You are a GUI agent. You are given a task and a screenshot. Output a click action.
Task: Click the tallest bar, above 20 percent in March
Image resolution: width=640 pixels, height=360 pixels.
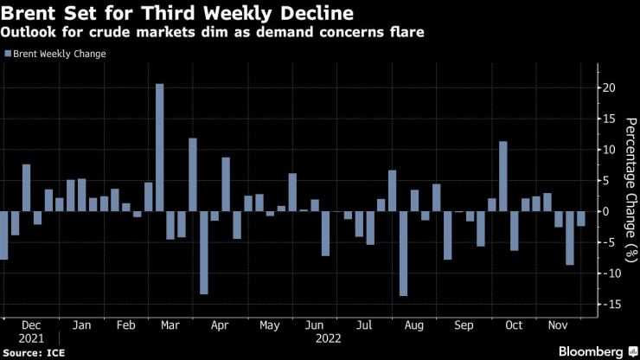point(159,147)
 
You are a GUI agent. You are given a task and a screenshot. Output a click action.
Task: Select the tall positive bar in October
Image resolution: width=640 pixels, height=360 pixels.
point(502,177)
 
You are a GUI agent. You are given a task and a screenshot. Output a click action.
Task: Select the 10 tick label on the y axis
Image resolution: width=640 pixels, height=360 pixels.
point(610,150)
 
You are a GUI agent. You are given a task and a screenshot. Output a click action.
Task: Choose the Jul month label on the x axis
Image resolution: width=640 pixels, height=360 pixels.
point(363,325)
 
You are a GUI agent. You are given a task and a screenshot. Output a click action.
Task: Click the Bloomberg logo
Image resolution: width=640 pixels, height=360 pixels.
point(592,351)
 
